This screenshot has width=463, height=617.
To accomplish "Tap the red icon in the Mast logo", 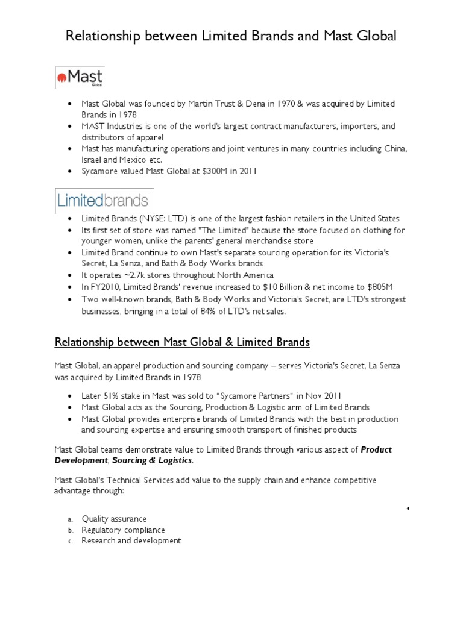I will point(61,77).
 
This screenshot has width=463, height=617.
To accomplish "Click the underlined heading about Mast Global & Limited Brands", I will point(182,342).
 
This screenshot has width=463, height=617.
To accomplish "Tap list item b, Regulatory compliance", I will point(123,530).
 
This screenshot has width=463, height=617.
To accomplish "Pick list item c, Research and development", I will point(131,540).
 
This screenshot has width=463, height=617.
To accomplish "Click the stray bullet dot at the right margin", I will point(408,509).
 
